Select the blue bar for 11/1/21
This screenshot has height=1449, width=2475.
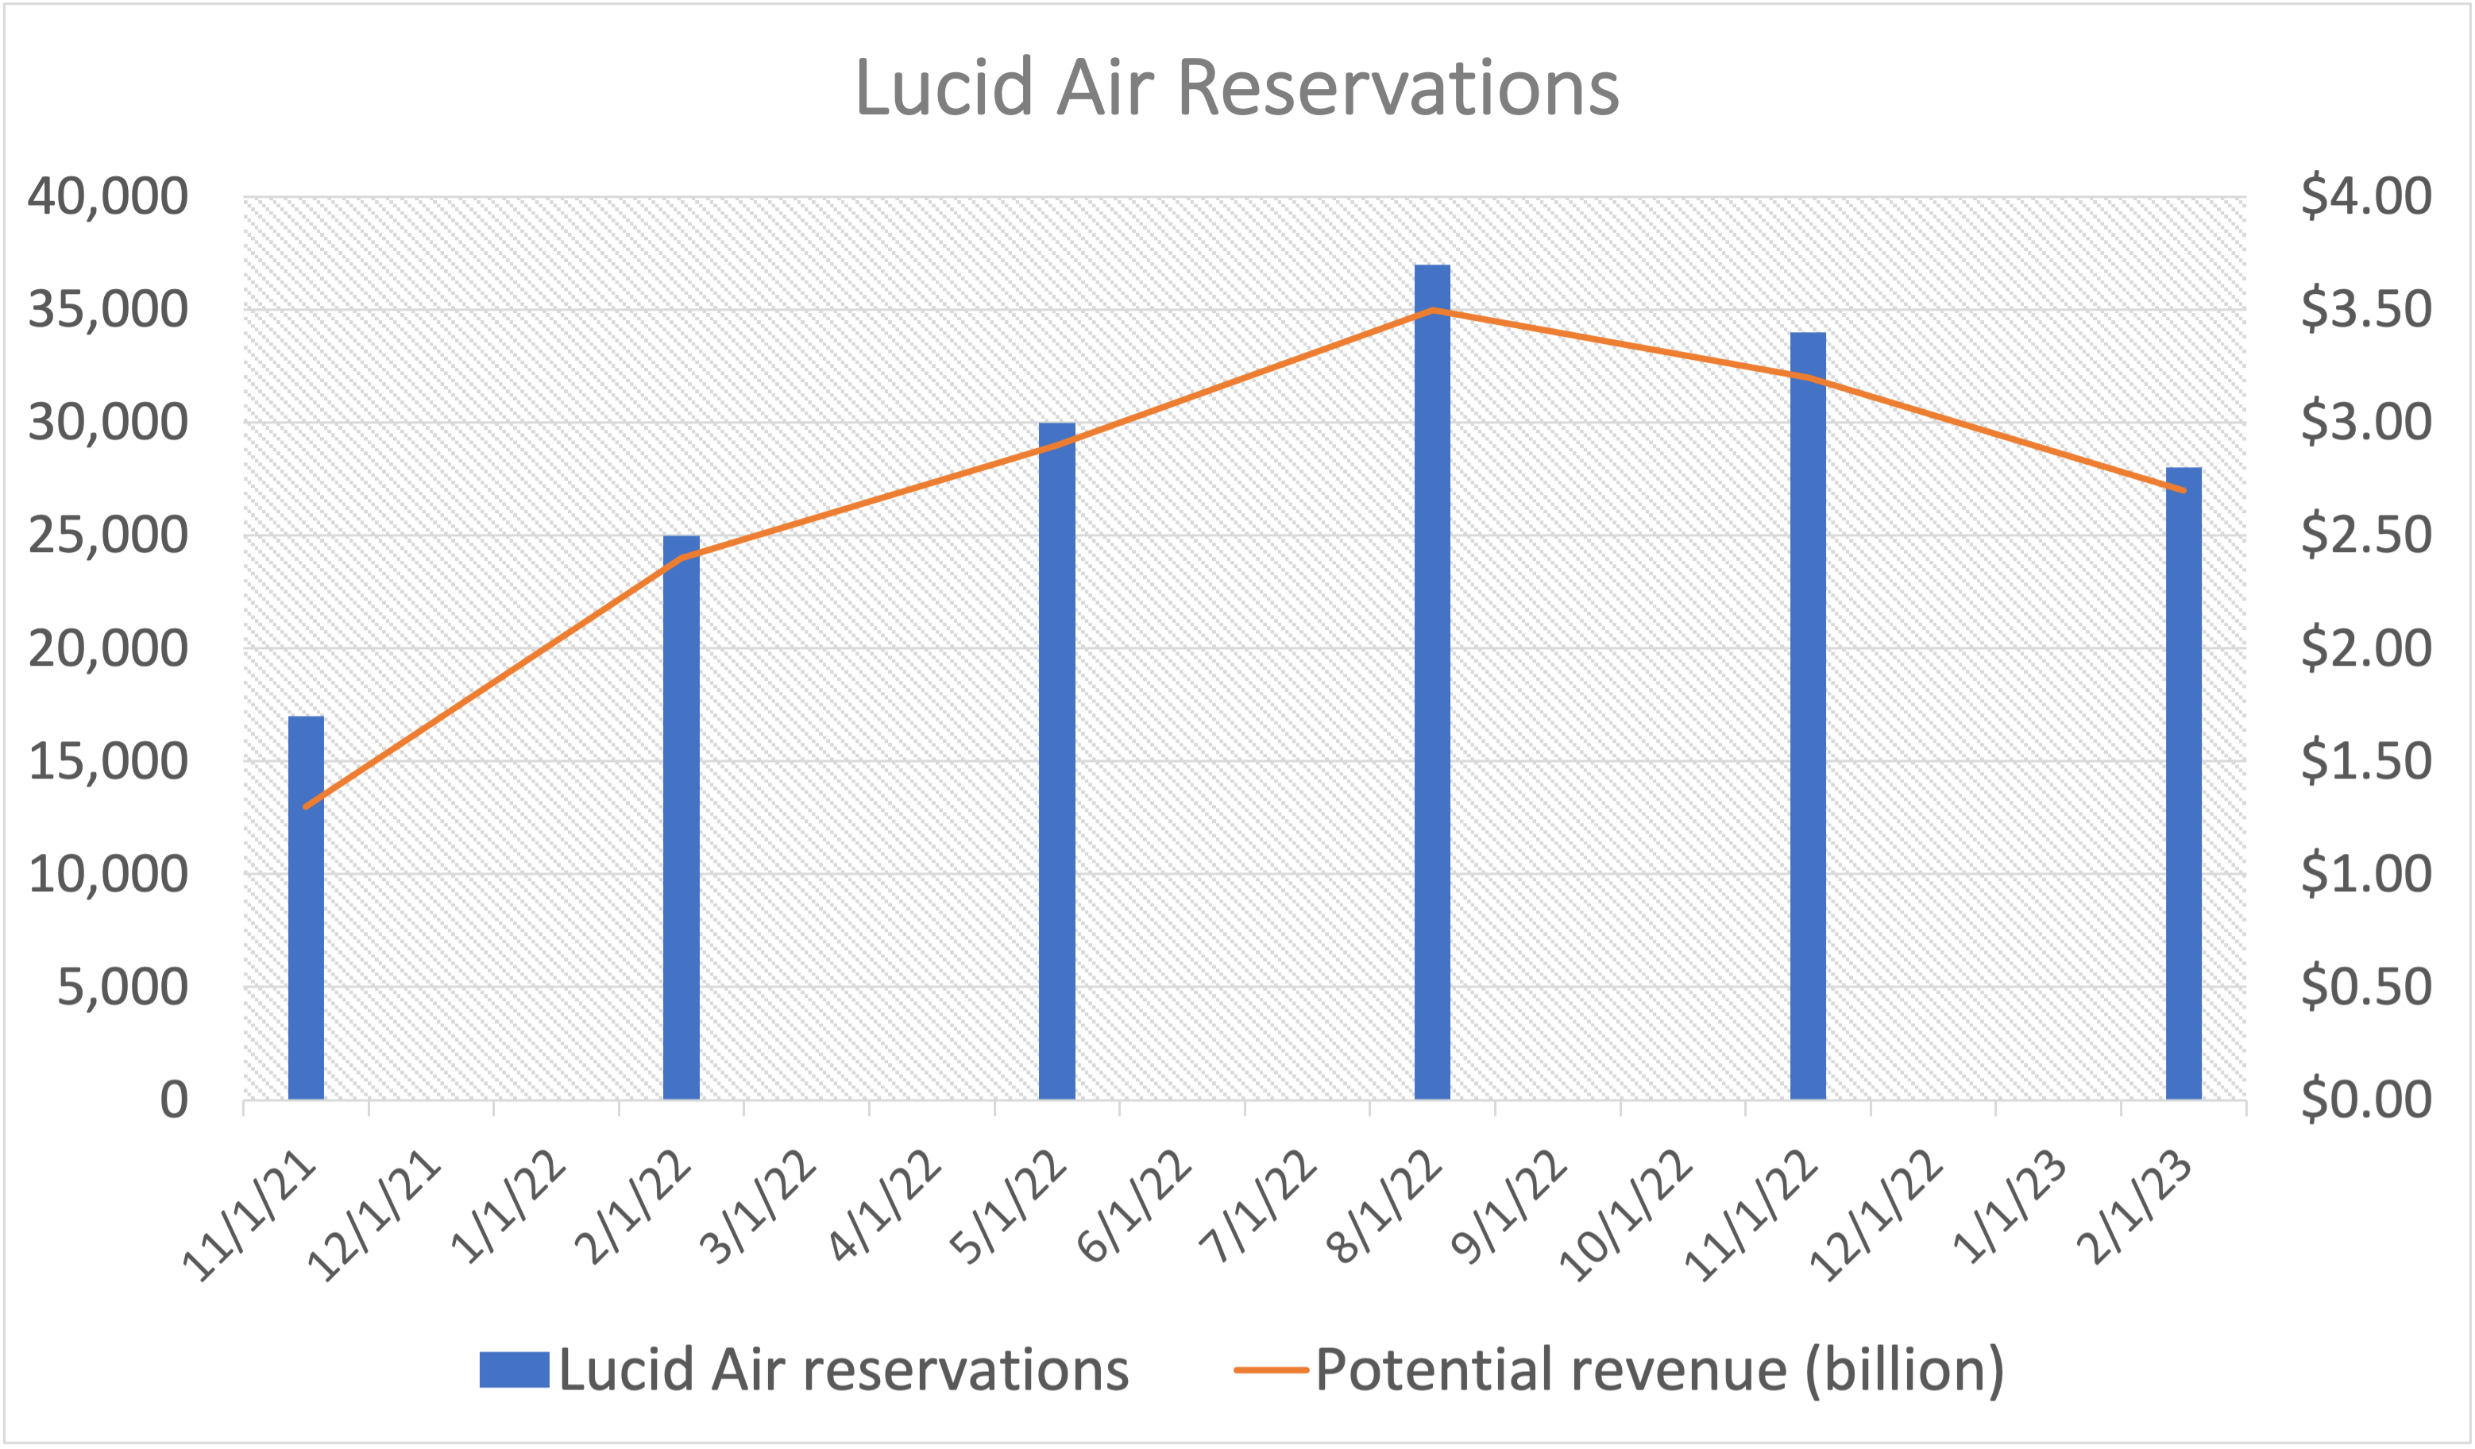pyautogui.click(x=307, y=909)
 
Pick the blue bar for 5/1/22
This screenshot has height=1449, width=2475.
pyautogui.click(x=1056, y=761)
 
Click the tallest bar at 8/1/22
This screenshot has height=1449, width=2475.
pyautogui.click(x=1432, y=682)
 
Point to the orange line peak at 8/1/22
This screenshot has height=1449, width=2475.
pyautogui.click(x=1433, y=310)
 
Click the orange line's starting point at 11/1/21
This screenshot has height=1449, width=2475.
pyautogui.click(x=307, y=806)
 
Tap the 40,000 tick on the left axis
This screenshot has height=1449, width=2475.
pyautogui.click(x=108, y=195)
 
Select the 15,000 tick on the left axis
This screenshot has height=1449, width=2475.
pyautogui.click(x=108, y=760)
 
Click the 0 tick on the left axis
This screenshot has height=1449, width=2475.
pyautogui.click(x=174, y=1099)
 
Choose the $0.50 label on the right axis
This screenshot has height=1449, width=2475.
pyautogui.click(x=2365, y=987)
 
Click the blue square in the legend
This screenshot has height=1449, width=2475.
pyautogui.click(x=514, y=1370)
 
